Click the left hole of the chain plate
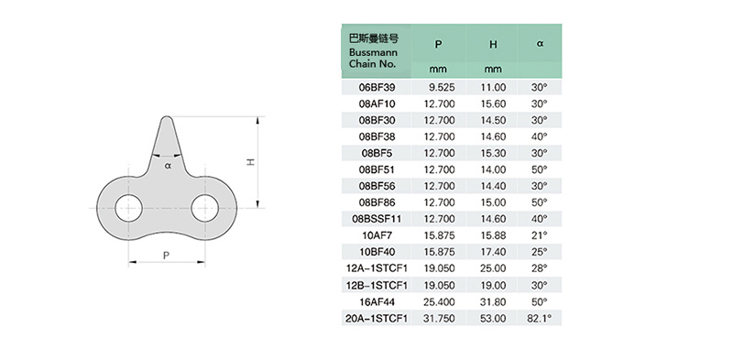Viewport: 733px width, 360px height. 128,208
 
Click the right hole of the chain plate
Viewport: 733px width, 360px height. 205,208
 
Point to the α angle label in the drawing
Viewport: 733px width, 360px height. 169,165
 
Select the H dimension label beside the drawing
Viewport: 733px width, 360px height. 250,162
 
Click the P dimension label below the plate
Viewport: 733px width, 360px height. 166,256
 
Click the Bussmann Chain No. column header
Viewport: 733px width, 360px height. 373,51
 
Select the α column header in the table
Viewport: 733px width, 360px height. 540,43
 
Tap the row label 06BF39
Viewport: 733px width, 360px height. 377,87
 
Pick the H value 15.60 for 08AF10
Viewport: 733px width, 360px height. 493,104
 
